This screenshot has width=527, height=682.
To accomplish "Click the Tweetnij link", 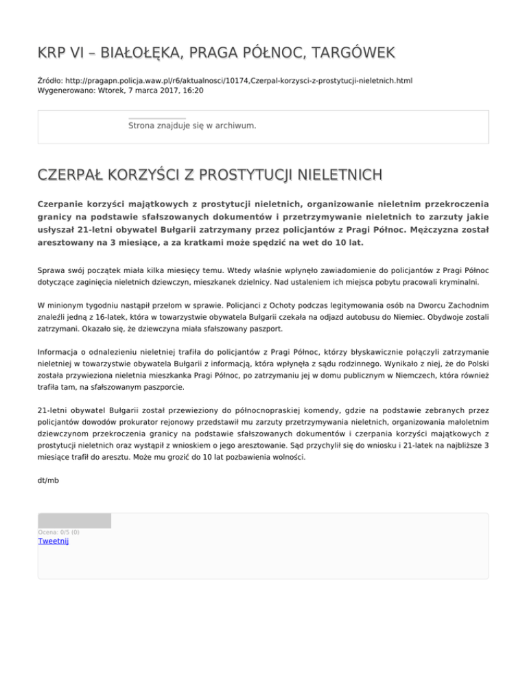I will pos(53,541).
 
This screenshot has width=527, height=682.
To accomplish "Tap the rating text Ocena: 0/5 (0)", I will pos(58,532).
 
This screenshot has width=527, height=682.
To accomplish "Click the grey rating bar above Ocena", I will pos(74,521).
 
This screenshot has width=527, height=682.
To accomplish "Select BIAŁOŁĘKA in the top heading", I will pos(127,53).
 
